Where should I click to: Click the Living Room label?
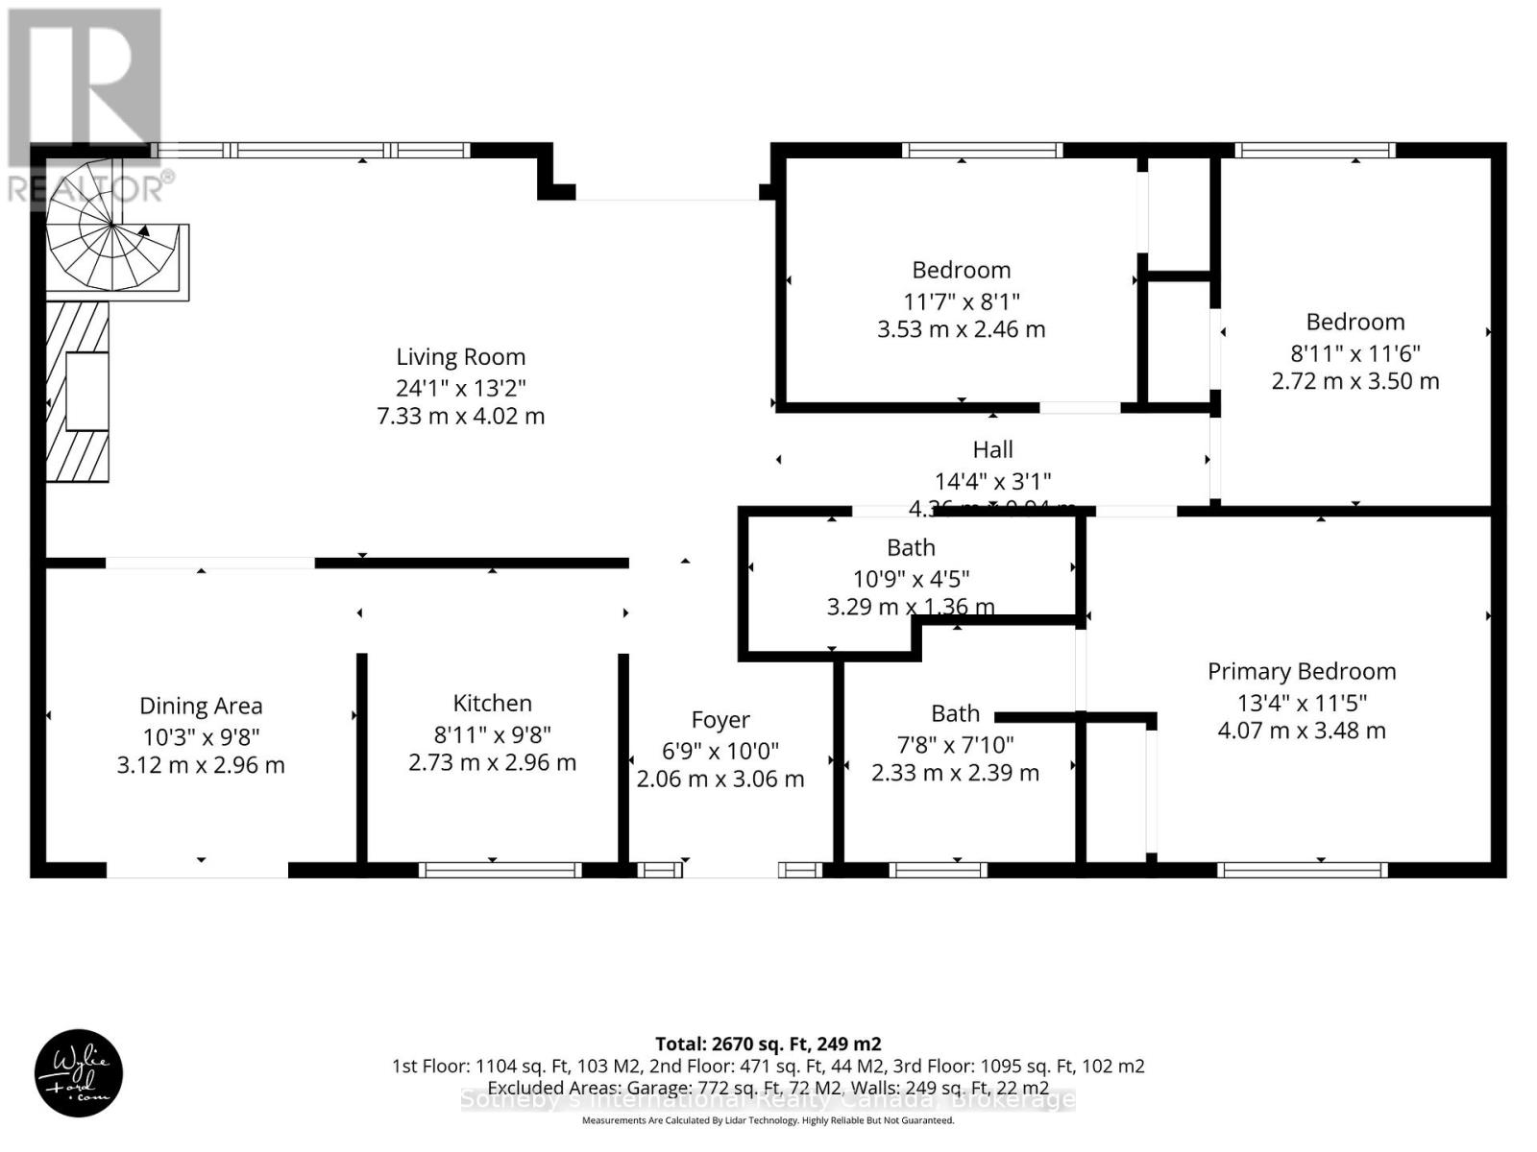point(460,357)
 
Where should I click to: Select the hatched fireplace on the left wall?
point(78,391)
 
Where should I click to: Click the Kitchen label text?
point(492,704)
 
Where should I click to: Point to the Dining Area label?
point(201,707)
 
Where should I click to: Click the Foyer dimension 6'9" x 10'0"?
point(720,750)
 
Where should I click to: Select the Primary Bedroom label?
point(1302,672)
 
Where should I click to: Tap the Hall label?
point(992,450)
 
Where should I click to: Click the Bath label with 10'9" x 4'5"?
point(911,548)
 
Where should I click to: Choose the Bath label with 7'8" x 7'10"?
point(955,714)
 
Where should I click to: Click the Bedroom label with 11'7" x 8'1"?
point(961,271)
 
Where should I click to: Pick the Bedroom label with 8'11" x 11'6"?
point(1354,323)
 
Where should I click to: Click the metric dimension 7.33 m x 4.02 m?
point(460,417)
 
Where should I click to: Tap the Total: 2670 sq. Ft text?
point(768,1044)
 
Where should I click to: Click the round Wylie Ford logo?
point(79,1073)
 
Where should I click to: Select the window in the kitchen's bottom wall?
point(500,871)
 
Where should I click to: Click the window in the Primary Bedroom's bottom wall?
point(1303,871)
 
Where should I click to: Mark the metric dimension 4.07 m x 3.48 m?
point(1302,731)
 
